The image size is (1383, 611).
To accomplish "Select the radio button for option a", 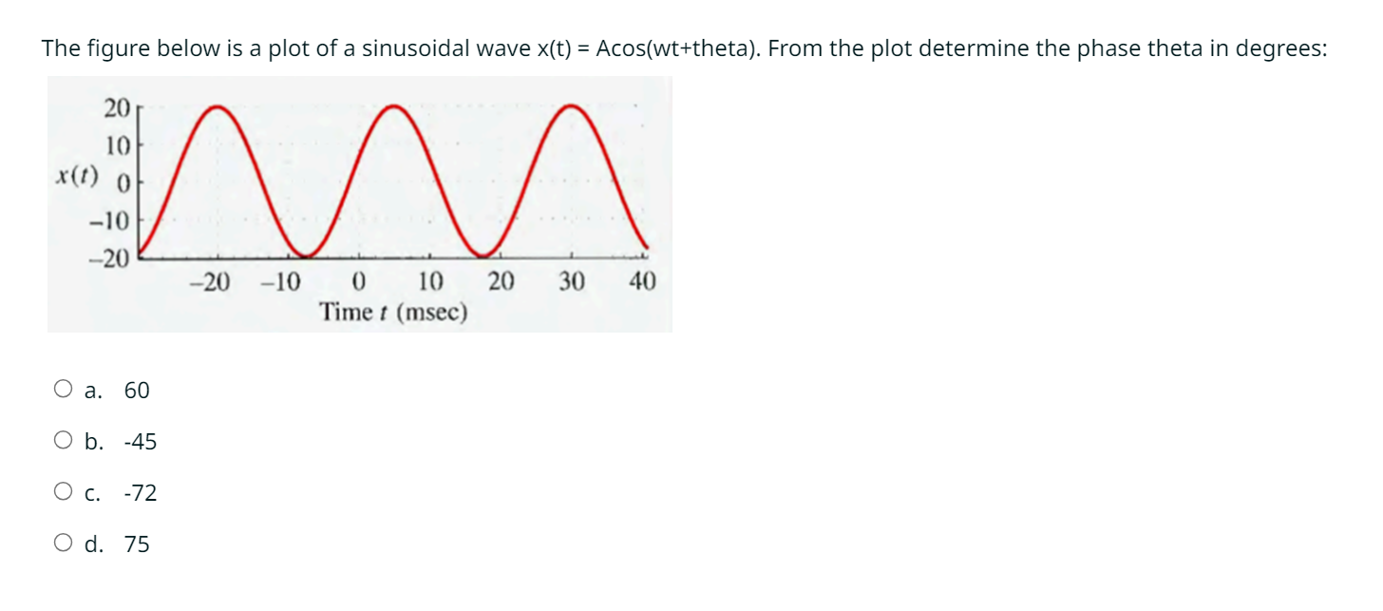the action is click(x=63, y=389).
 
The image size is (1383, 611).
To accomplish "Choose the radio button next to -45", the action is click(x=63, y=440).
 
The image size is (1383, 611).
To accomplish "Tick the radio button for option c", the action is click(x=63, y=491).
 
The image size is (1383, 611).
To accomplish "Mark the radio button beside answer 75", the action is click(x=63, y=543).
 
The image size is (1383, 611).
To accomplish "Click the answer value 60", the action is click(x=137, y=391).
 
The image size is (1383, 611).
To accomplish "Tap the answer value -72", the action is click(x=141, y=493).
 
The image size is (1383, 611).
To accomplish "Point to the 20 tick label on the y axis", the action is click(x=117, y=108).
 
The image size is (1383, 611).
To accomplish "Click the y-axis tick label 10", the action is click(x=118, y=146).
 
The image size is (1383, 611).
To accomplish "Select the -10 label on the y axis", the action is click(x=109, y=220).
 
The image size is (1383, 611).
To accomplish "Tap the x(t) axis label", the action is click(x=77, y=176).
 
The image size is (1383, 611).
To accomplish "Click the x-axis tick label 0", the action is click(x=359, y=282).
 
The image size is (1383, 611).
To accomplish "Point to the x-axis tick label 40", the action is click(x=642, y=281).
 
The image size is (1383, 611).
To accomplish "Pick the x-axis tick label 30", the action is click(x=572, y=281).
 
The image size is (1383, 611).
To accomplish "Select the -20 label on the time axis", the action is click(x=209, y=282).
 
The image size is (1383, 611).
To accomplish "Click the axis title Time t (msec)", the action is click(x=393, y=312).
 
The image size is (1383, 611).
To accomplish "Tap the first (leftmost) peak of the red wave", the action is click(x=217, y=107).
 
